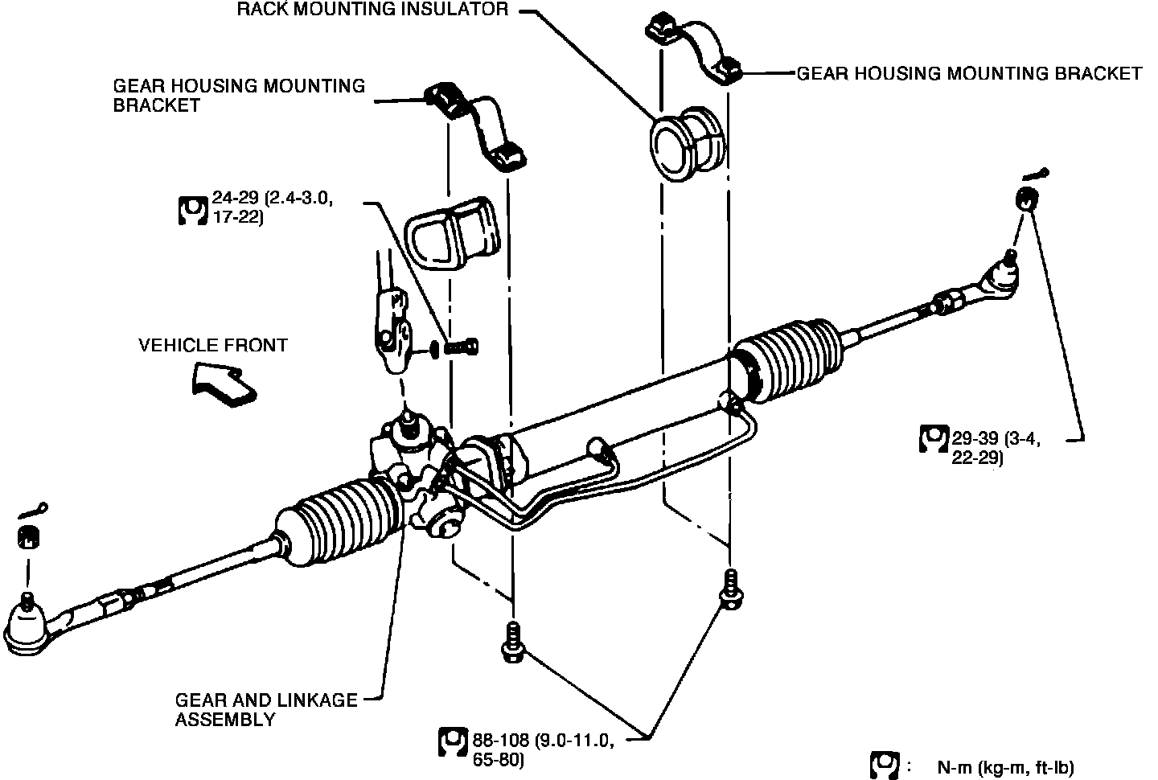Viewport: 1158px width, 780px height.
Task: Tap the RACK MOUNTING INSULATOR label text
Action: tap(373, 10)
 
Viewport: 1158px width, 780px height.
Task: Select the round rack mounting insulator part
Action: tap(687, 144)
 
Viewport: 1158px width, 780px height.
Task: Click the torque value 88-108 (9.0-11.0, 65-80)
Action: tap(544, 750)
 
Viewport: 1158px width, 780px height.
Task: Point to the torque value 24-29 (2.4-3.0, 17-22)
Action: tap(273, 207)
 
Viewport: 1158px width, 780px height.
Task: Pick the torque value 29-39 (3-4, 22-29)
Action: tap(996, 448)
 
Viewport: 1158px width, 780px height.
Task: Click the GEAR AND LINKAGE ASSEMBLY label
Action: tap(265, 709)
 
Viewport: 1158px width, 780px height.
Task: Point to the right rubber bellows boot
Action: tap(786, 361)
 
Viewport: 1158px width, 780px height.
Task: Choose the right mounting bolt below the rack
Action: tap(731, 589)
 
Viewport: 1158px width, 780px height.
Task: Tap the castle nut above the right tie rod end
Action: tap(1027, 199)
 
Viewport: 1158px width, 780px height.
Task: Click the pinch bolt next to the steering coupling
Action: tap(461, 346)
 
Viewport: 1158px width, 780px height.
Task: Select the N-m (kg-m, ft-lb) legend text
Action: tap(1005, 768)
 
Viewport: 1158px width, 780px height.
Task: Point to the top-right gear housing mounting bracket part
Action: tap(693, 48)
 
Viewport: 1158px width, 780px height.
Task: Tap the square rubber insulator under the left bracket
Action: tap(452, 233)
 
